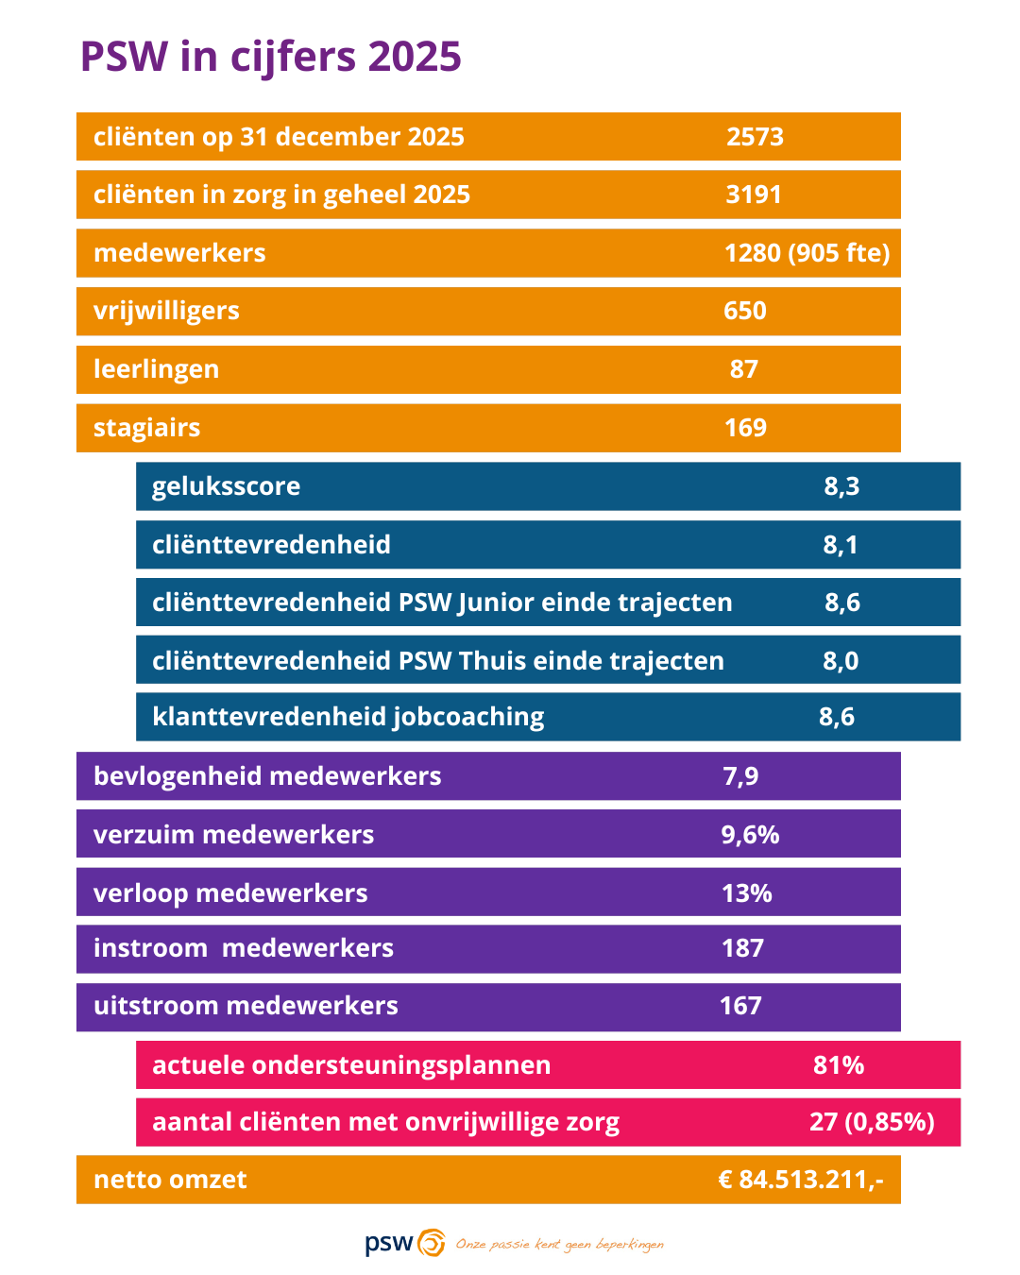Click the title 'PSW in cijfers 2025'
click(270, 57)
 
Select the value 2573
click(755, 137)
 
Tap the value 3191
click(754, 195)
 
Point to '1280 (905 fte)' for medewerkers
click(807, 253)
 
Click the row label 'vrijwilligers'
click(166, 311)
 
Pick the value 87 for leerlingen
click(744, 369)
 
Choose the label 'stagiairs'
click(146, 428)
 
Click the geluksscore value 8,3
click(841, 486)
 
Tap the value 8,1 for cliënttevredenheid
click(841, 545)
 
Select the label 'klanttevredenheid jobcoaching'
click(348, 717)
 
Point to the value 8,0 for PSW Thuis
click(841, 661)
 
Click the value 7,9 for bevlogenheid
click(740, 776)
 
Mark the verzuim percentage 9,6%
click(750, 835)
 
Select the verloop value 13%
click(746, 893)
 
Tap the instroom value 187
click(742, 948)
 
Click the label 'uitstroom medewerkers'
click(246, 1006)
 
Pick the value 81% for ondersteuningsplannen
click(839, 1065)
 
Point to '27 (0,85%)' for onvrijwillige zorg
click(872, 1122)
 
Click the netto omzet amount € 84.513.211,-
click(801, 1180)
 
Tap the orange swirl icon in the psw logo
click(432, 1243)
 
